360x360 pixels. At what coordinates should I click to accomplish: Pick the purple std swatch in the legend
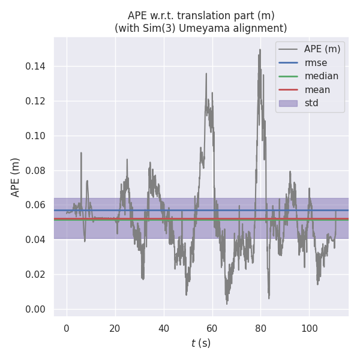click(x=288, y=103)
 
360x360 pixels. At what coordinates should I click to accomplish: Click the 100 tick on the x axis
click(x=309, y=328)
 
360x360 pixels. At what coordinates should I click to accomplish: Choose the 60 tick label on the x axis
click(x=212, y=328)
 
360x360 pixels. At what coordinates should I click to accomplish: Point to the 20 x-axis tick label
click(x=115, y=328)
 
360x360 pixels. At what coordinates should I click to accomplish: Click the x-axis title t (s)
click(x=201, y=343)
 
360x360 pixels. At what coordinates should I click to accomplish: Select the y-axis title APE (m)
click(x=16, y=177)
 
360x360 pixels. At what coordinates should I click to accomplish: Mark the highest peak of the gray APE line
click(x=260, y=50)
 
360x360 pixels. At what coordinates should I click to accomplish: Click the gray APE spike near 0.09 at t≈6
click(x=81, y=153)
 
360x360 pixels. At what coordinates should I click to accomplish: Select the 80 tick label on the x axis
click(x=260, y=328)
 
